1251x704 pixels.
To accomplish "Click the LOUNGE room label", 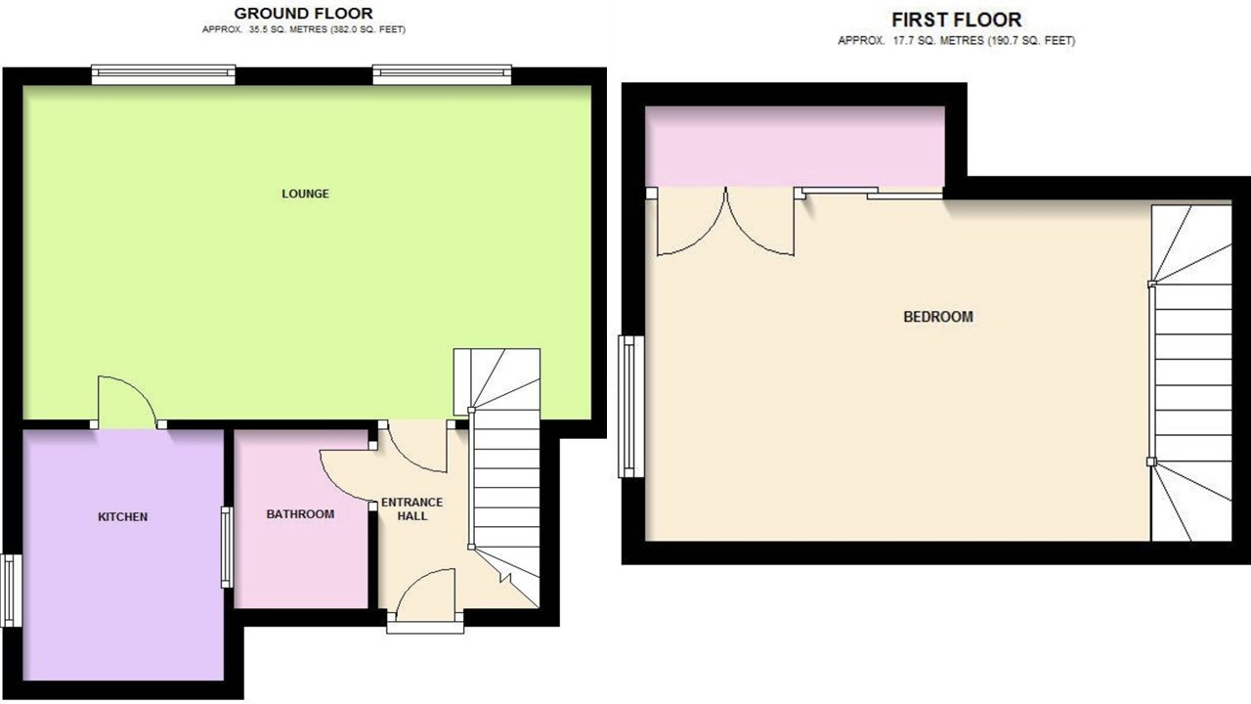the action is click(305, 194).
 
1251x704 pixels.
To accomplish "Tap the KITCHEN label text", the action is click(123, 517).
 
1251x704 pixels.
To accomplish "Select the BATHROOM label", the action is click(300, 514).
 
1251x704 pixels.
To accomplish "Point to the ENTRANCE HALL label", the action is click(412, 509).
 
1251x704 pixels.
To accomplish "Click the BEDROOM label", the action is click(938, 317).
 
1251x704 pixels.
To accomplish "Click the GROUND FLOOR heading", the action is click(303, 13).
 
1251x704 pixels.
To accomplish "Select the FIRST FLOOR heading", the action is click(957, 20).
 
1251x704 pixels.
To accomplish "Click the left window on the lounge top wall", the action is click(163, 75).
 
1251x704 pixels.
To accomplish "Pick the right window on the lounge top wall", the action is click(442, 75).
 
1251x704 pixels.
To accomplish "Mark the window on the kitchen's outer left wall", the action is click(11, 590).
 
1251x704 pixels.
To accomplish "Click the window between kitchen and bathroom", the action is click(227, 547).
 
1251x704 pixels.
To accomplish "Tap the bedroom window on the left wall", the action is click(631, 406).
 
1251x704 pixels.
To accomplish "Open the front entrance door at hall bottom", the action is click(425, 595).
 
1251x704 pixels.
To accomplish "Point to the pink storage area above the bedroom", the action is click(795, 147).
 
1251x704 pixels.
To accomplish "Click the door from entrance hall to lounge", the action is click(417, 447).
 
